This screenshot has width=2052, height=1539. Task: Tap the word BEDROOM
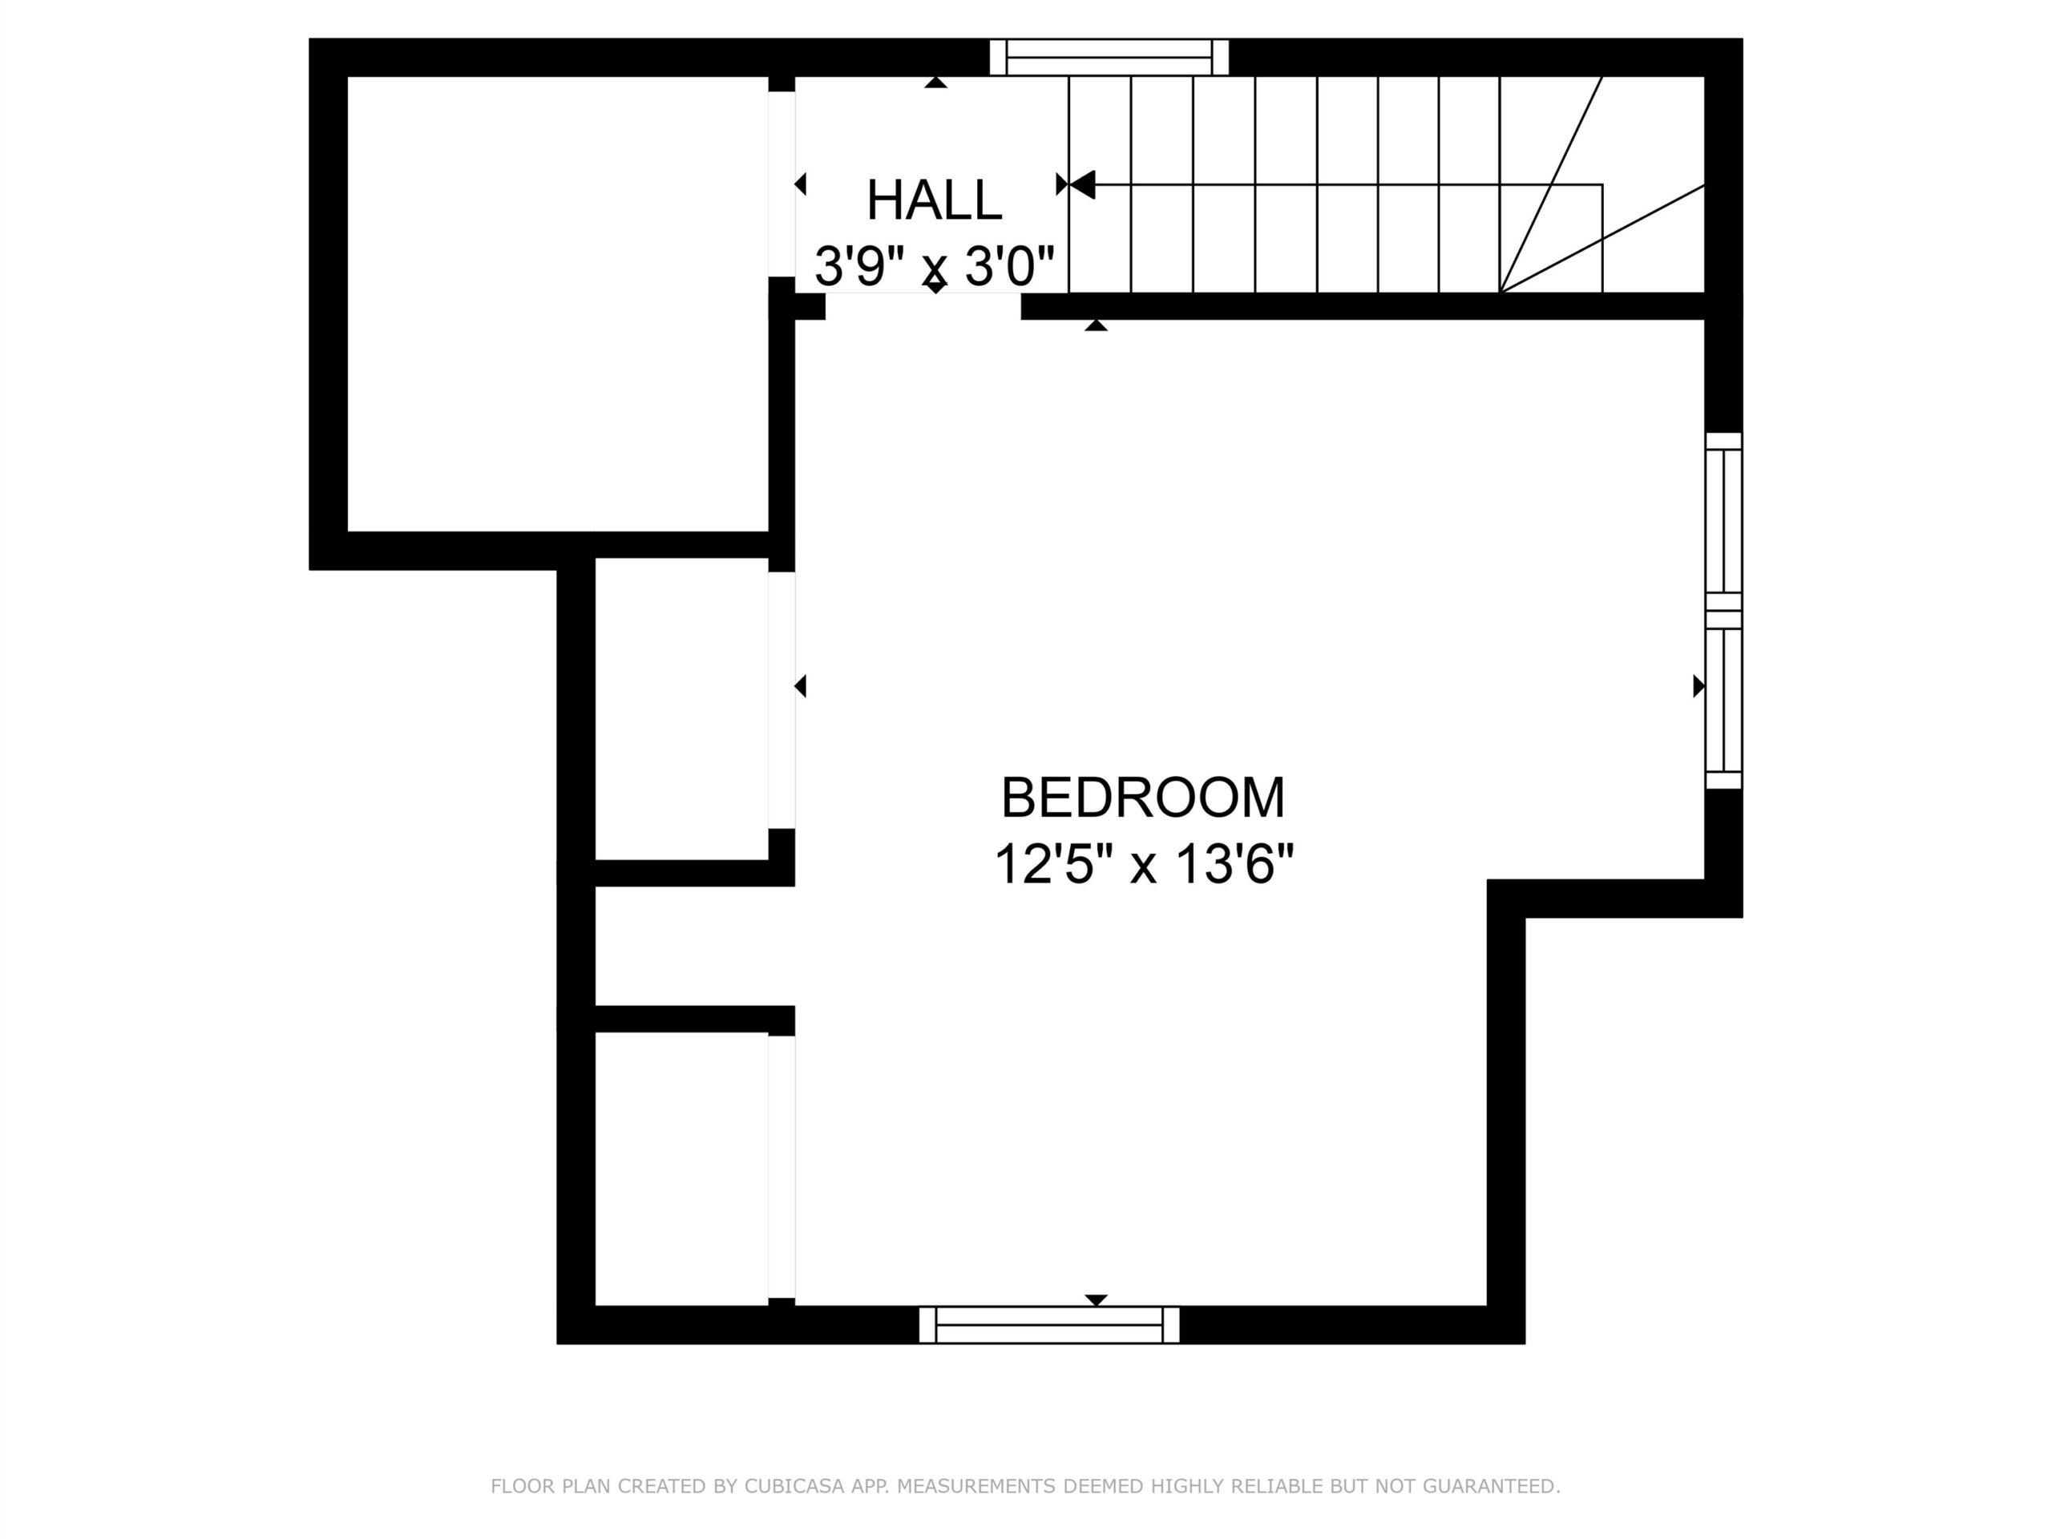1143,798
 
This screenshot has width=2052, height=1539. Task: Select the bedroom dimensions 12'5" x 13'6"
1143,865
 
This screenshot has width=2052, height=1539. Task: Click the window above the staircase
1109,57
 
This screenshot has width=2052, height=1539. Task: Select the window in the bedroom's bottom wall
1049,1325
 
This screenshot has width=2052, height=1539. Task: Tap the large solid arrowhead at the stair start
1083,184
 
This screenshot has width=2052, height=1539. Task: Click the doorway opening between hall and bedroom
923,306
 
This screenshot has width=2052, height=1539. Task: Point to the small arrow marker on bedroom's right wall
1699,686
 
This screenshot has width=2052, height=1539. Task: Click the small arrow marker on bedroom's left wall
801,686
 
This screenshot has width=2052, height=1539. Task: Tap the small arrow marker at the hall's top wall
936,83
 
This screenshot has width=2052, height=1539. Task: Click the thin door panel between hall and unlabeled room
782,184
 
